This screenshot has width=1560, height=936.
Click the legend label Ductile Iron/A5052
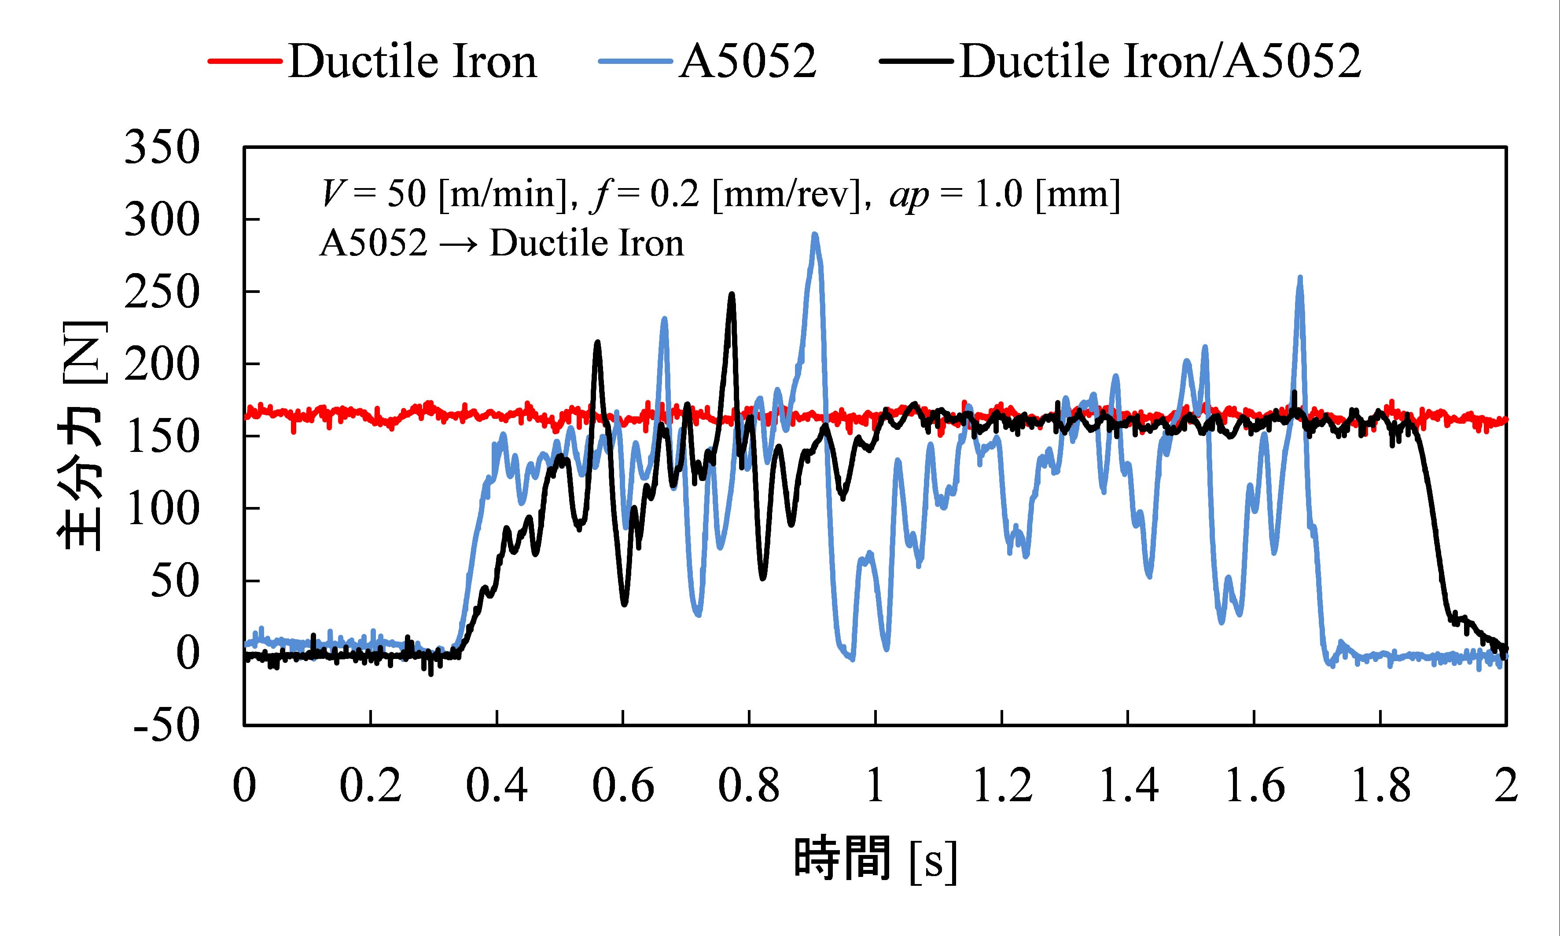click(x=1160, y=61)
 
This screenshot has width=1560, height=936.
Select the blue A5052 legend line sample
click(x=635, y=61)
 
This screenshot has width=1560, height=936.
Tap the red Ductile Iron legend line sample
click(x=245, y=61)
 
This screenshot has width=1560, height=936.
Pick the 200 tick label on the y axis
click(x=162, y=365)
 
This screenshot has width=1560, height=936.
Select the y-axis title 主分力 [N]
click(x=82, y=435)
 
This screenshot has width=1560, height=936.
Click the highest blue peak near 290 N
click(x=815, y=235)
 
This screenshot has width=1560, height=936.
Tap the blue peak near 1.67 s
click(x=1300, y=277)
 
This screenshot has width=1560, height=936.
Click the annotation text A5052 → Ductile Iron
click(x=501, y=244)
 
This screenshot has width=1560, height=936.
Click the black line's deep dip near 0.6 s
click(x=624, y=603)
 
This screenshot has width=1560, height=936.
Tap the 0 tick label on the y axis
click(x=187, y=653)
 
